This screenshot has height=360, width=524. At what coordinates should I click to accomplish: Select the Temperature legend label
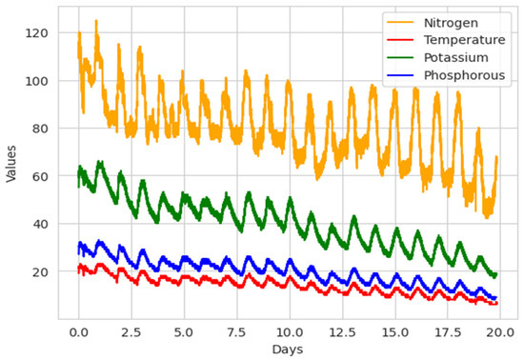click(x=451, y=41)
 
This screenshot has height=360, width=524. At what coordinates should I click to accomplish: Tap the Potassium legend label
click(x=443, y=59)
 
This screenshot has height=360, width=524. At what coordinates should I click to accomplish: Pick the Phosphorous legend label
click(x=453, y=77)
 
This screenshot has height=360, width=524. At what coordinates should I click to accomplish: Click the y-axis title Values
click(x=12, y=170)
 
